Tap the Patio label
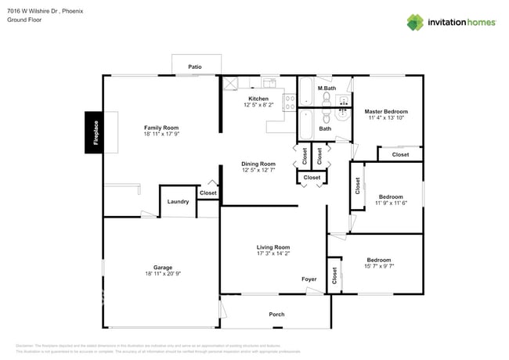195,67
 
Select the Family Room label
161,128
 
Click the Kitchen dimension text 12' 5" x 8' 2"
258,105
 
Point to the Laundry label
178,201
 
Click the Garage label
163,267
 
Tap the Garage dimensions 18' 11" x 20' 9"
163,274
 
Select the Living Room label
273,247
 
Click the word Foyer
309,279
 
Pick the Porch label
276,314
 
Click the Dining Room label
258,164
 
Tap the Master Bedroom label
386,111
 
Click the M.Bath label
327,88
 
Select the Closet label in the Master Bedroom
400,154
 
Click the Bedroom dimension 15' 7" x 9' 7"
379,267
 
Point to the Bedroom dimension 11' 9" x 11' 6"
390,203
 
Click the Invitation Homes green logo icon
416,22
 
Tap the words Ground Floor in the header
24,20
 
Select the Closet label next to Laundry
208,193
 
